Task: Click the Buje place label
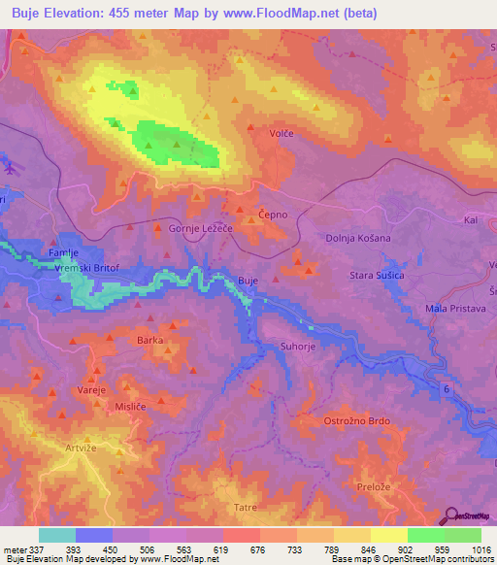pos(248,281)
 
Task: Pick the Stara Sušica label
pos(377,276)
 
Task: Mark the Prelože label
pos(373,487)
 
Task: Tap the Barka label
pos(149,341)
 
